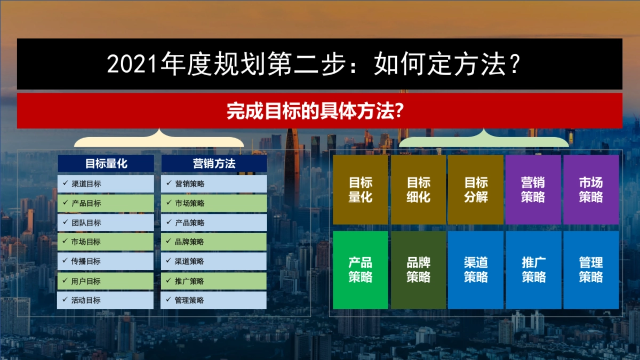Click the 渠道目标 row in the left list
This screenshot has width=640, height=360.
pos(106,184)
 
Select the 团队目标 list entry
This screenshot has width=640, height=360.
pos(106,223)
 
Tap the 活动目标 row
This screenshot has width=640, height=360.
pos(106,300)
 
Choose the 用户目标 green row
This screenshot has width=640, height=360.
pos(106,281)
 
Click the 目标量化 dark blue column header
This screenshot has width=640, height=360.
pos(106,164)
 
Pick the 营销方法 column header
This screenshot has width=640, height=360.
pos(214,164)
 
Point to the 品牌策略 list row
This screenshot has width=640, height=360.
pos(214,242)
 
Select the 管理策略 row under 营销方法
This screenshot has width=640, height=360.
pos(214,300)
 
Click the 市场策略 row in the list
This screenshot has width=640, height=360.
pos(214,203)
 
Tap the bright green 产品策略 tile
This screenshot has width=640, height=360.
pos(361,270)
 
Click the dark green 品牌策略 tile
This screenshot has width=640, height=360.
pos(419,270)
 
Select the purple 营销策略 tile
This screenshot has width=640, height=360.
pos(533,190)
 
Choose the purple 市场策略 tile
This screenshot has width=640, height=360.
pos(591,190)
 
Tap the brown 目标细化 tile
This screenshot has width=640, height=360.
pos(419,190)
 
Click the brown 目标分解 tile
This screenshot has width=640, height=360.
pos(476,190)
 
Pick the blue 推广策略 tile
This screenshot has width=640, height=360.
pos(533,270)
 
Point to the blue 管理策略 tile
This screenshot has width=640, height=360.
pos(591,270)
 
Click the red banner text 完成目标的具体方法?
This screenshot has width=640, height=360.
pos(315,111)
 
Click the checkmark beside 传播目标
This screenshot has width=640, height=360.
pos(64,261)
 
